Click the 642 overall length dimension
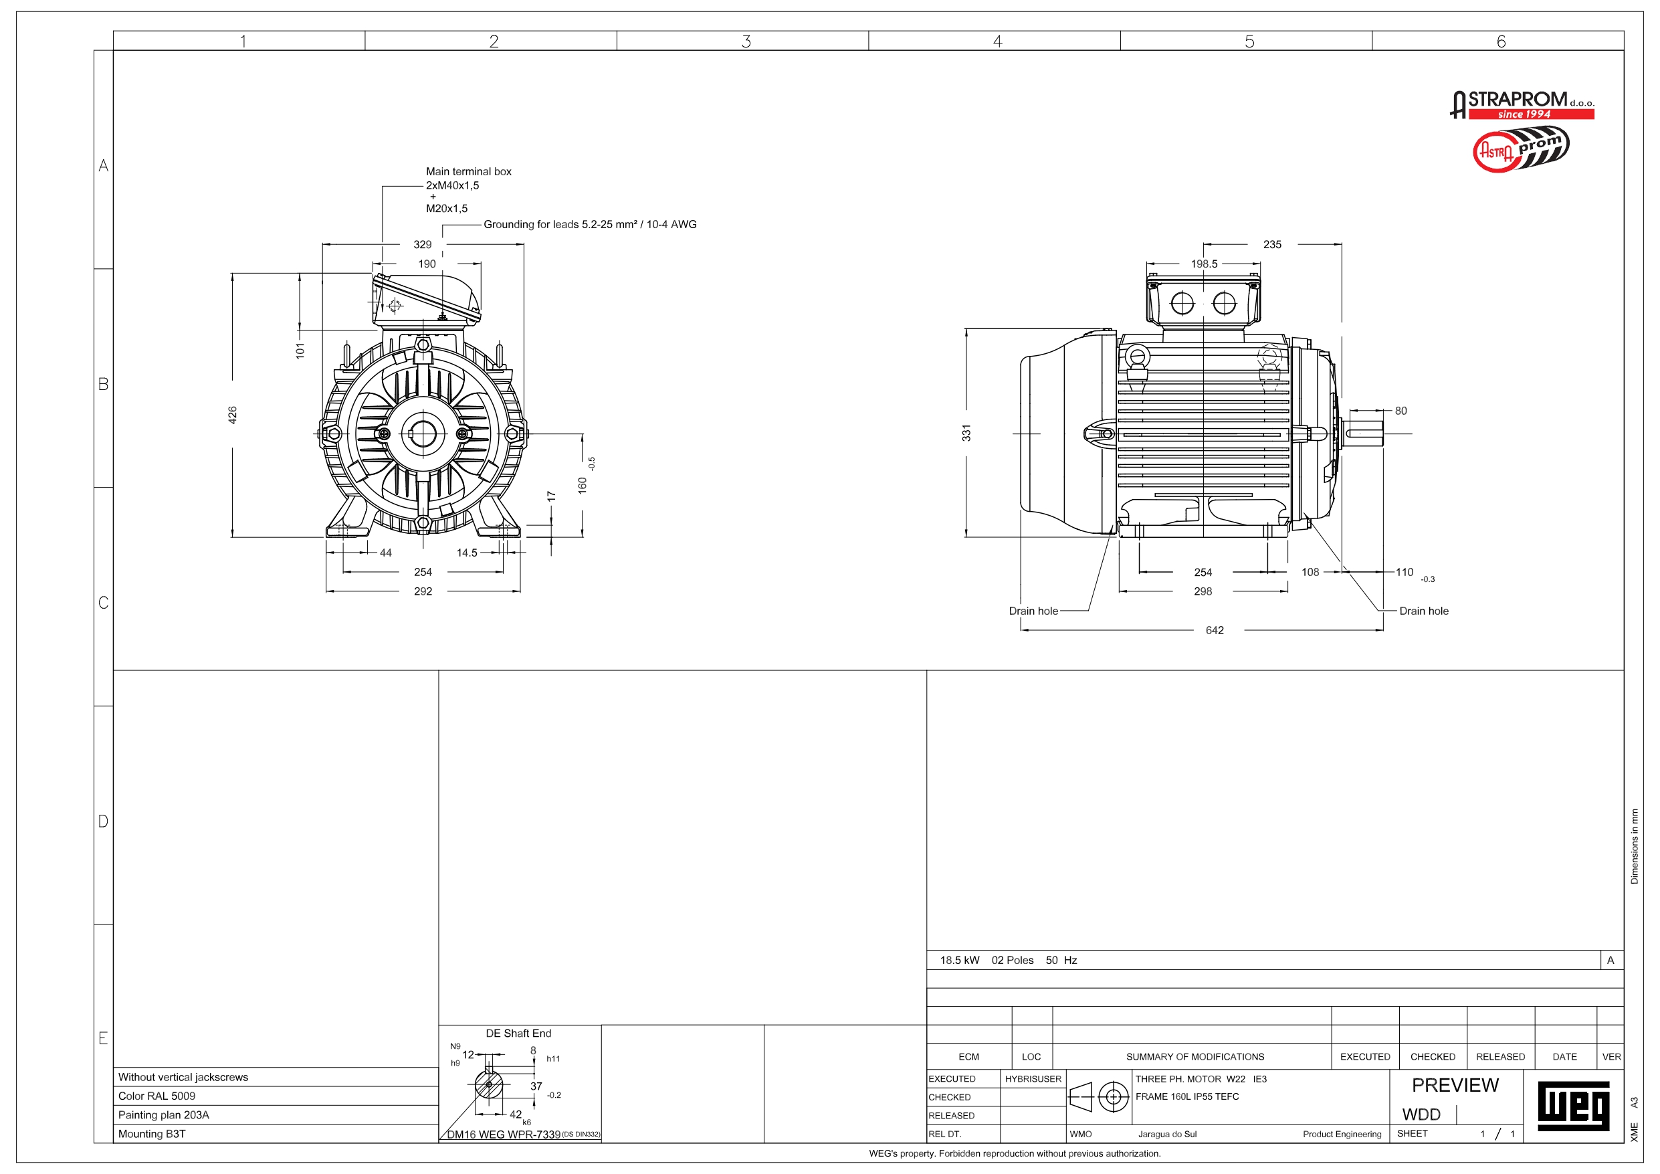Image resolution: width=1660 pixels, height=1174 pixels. point(1215,630)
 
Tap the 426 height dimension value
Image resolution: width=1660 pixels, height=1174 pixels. point(233,415)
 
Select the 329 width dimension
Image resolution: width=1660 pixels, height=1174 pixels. point(422,244)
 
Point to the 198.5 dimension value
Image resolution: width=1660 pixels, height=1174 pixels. point(1204,264)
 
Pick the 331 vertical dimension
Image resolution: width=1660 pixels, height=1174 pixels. point(966,433)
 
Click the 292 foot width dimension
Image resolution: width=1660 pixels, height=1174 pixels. point(423,591)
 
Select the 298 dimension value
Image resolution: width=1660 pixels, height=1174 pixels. point(1203,591)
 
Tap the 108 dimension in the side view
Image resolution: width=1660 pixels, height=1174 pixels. point(1310,572)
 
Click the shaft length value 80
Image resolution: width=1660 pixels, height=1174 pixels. point(1400,411)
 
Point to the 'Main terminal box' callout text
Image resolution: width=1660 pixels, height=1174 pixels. point(468,171)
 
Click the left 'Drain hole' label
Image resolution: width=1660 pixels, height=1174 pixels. point(1033,611)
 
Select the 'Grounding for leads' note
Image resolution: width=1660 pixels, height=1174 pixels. point(590,224)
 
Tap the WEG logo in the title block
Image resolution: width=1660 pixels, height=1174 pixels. point(1573,1105)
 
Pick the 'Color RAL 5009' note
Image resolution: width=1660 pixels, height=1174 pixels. point(157,1096)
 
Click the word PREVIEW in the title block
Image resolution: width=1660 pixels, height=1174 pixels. point(1455,1085)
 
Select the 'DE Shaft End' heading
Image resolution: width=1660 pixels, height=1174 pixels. point(518,1033)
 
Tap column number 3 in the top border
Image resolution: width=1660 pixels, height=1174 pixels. point(746,41)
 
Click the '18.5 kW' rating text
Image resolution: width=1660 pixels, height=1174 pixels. point(960,960)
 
